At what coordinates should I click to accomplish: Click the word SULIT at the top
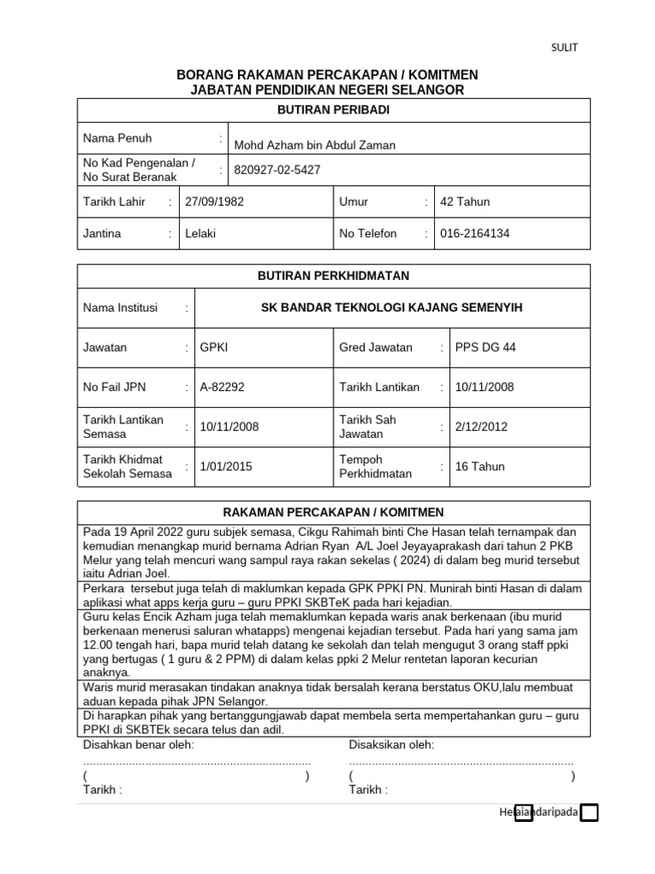tap(564, 48)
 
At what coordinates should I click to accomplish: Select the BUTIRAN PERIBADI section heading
tap(333, 110)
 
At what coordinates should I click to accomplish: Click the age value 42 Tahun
tap(465, 202)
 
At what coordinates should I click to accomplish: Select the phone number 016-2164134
tap(475, 233)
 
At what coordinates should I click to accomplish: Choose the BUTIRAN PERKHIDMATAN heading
tap(333, 276)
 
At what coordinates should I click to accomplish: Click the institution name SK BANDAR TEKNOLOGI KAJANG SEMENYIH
tap(391, 308)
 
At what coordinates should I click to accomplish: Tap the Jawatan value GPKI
tap(214, 347)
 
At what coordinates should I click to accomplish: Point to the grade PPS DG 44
tap(485, 347)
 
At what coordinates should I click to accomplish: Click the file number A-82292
tap(222, 387)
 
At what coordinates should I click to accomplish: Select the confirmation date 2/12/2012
tap(481, 427)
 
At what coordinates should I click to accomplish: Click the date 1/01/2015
tap(226, 467)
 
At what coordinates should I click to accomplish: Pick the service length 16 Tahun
tap(480, 467)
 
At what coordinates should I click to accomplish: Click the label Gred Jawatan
tap(375, 347)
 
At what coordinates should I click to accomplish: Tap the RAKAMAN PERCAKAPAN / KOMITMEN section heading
tap(333, 512)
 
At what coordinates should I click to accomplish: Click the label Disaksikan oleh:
tap(391, 745)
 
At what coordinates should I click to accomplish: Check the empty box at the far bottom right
tap(588, 813)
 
